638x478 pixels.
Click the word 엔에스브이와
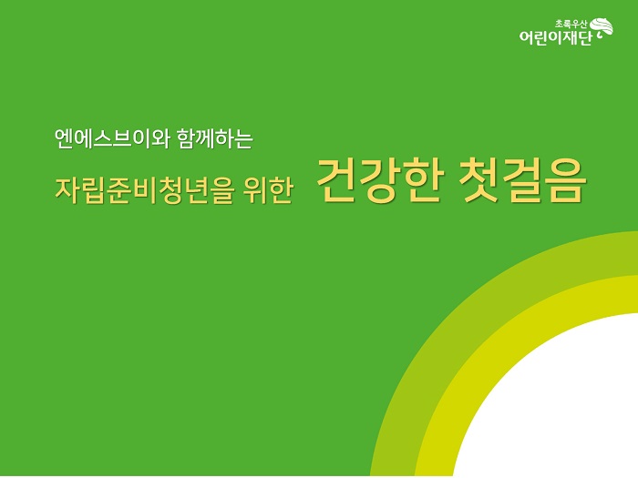(111, 139)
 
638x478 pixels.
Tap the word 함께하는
(215, 139)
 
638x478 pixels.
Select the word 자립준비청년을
(144, 189)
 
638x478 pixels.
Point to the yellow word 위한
(268, 189)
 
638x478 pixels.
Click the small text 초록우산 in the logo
(571, 25)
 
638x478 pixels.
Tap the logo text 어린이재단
(554, 37)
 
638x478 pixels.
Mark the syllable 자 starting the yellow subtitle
(67, 189)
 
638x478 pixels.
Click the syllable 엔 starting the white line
(65, 139)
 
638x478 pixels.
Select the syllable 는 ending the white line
(243, 140)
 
